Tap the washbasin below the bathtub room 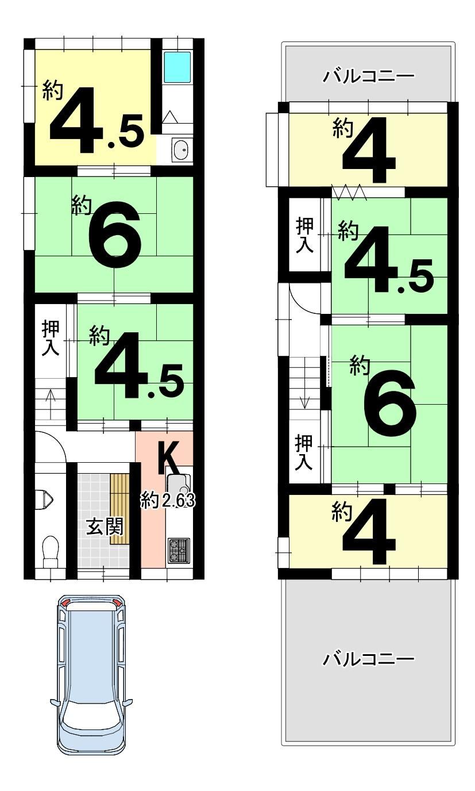[x=181, y=149]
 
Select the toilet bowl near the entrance [x=50, y=551]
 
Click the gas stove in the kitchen [x=179, y=551]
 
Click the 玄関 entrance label [x=105, y=527]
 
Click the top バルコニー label [x=368, y=76]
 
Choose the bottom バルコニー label [x=368, y=659]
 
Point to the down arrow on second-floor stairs [x=304, y=395]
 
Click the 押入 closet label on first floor [x=51, y=338]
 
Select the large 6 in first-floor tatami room [x=115, y=234]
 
